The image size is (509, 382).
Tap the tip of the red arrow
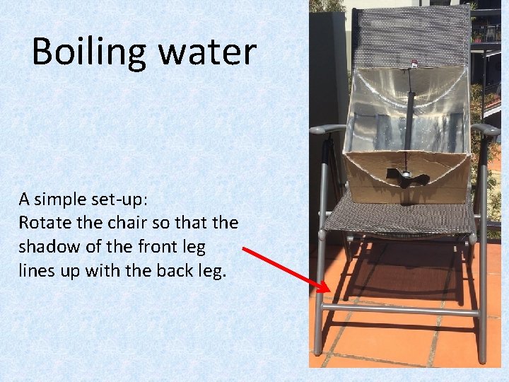[329, 291]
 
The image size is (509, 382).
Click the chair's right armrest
[486, 129]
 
